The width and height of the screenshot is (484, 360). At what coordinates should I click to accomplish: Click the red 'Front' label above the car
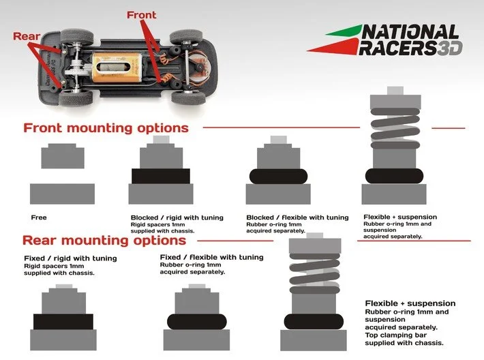(141, 15)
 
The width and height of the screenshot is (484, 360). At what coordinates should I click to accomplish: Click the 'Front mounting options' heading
(106, 128)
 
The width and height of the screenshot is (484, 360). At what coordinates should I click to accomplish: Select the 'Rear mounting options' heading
(104, 241)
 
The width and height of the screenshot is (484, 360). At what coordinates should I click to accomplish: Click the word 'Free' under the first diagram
(39, 217)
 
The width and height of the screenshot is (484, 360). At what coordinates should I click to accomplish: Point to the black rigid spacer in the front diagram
(160, 176)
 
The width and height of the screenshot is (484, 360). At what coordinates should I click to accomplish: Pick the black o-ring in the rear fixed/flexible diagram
(197, 321)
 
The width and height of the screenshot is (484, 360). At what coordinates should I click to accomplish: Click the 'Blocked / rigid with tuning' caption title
(177, 217)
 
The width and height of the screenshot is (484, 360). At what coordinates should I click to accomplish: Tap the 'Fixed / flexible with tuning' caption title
(211, 257)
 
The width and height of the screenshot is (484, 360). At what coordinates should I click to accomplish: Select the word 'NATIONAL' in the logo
(410, 32)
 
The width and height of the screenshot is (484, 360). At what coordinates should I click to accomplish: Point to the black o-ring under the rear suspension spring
(315, 321)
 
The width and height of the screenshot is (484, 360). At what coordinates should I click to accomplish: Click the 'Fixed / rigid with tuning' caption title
(70, 258)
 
